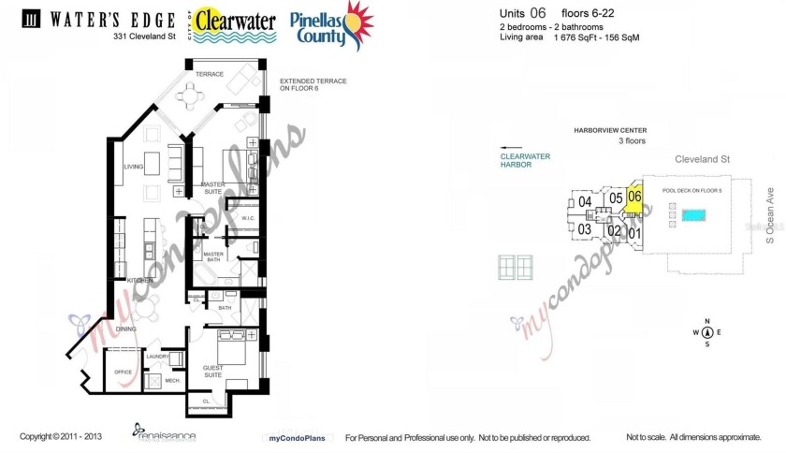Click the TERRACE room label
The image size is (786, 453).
(x=211, y=73)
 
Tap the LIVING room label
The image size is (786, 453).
(x=132, y=168)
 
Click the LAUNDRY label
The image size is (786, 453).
(x=156, y=356)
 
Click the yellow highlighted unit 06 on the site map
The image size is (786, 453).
(x=634, y=198)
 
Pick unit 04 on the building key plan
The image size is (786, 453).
(x=585, y=201)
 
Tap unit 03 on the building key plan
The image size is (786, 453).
(x=584, y=229)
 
